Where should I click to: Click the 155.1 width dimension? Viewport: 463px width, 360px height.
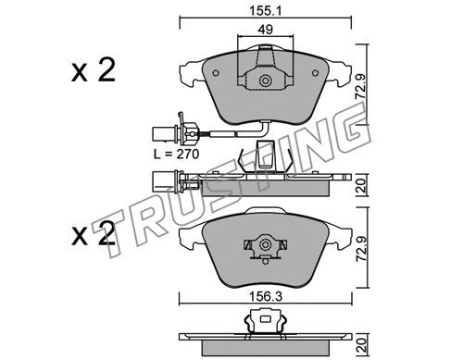266,11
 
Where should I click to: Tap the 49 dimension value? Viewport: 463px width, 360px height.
266,30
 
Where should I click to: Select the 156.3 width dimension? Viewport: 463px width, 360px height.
266,297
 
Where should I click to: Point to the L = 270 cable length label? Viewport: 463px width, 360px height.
177,154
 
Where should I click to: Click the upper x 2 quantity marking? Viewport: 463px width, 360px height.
94,70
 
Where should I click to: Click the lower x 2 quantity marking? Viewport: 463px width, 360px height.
94,234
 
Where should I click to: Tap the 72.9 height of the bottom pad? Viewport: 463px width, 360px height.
360,248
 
